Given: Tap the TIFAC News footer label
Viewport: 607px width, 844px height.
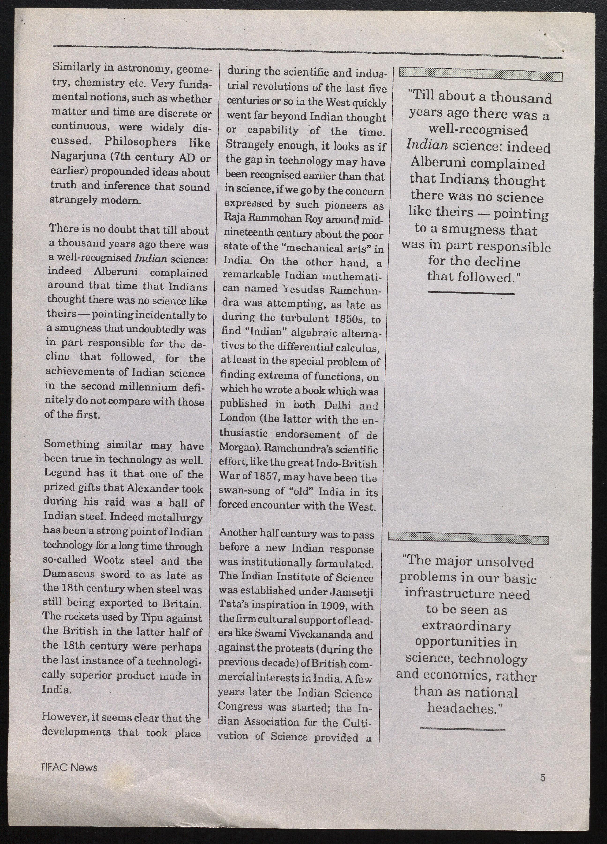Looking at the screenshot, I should [x=69, y=767].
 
